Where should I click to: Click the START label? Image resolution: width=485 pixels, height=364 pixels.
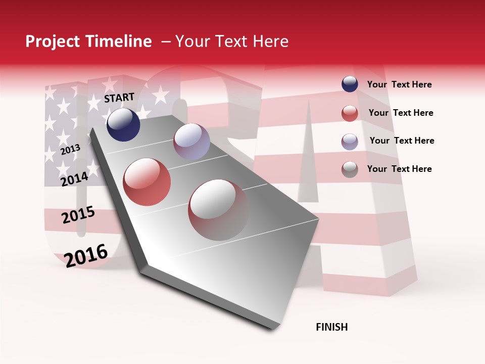click(119, 98)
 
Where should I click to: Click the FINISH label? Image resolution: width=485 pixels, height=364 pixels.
click(332, 327)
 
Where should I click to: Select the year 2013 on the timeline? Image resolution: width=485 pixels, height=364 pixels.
click(70, 149)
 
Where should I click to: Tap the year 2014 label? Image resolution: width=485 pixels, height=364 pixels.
click(75, 179)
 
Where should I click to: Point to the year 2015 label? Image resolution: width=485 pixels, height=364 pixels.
click(78, 215)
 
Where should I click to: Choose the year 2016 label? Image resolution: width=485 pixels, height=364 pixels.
click(86, 255)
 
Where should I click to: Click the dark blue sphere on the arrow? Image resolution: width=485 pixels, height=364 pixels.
click(123, 124)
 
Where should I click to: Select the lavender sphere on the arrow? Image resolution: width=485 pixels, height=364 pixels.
click(191, 142)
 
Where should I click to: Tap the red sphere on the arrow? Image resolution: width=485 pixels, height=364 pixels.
click(147, 182)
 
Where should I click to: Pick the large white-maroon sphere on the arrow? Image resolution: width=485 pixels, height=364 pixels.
click(219, 210)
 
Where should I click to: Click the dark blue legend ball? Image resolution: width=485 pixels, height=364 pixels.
click(350, 84)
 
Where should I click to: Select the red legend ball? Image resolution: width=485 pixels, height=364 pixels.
click(350, 113)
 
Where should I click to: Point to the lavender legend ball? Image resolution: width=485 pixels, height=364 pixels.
click(350, 142)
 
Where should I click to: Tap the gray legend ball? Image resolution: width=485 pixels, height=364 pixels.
click(350, 169)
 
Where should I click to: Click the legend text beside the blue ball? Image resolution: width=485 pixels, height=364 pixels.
click(399, 84)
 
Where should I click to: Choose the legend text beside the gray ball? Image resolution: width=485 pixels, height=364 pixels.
click(399, 169)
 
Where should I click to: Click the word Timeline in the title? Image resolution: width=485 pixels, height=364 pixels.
click(119, 41)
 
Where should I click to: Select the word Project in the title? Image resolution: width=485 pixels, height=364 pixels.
click(52, 41)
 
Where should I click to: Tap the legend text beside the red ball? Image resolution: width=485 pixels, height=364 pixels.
click(401, 113)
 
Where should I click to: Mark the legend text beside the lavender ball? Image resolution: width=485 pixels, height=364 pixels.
click(402, 141)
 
